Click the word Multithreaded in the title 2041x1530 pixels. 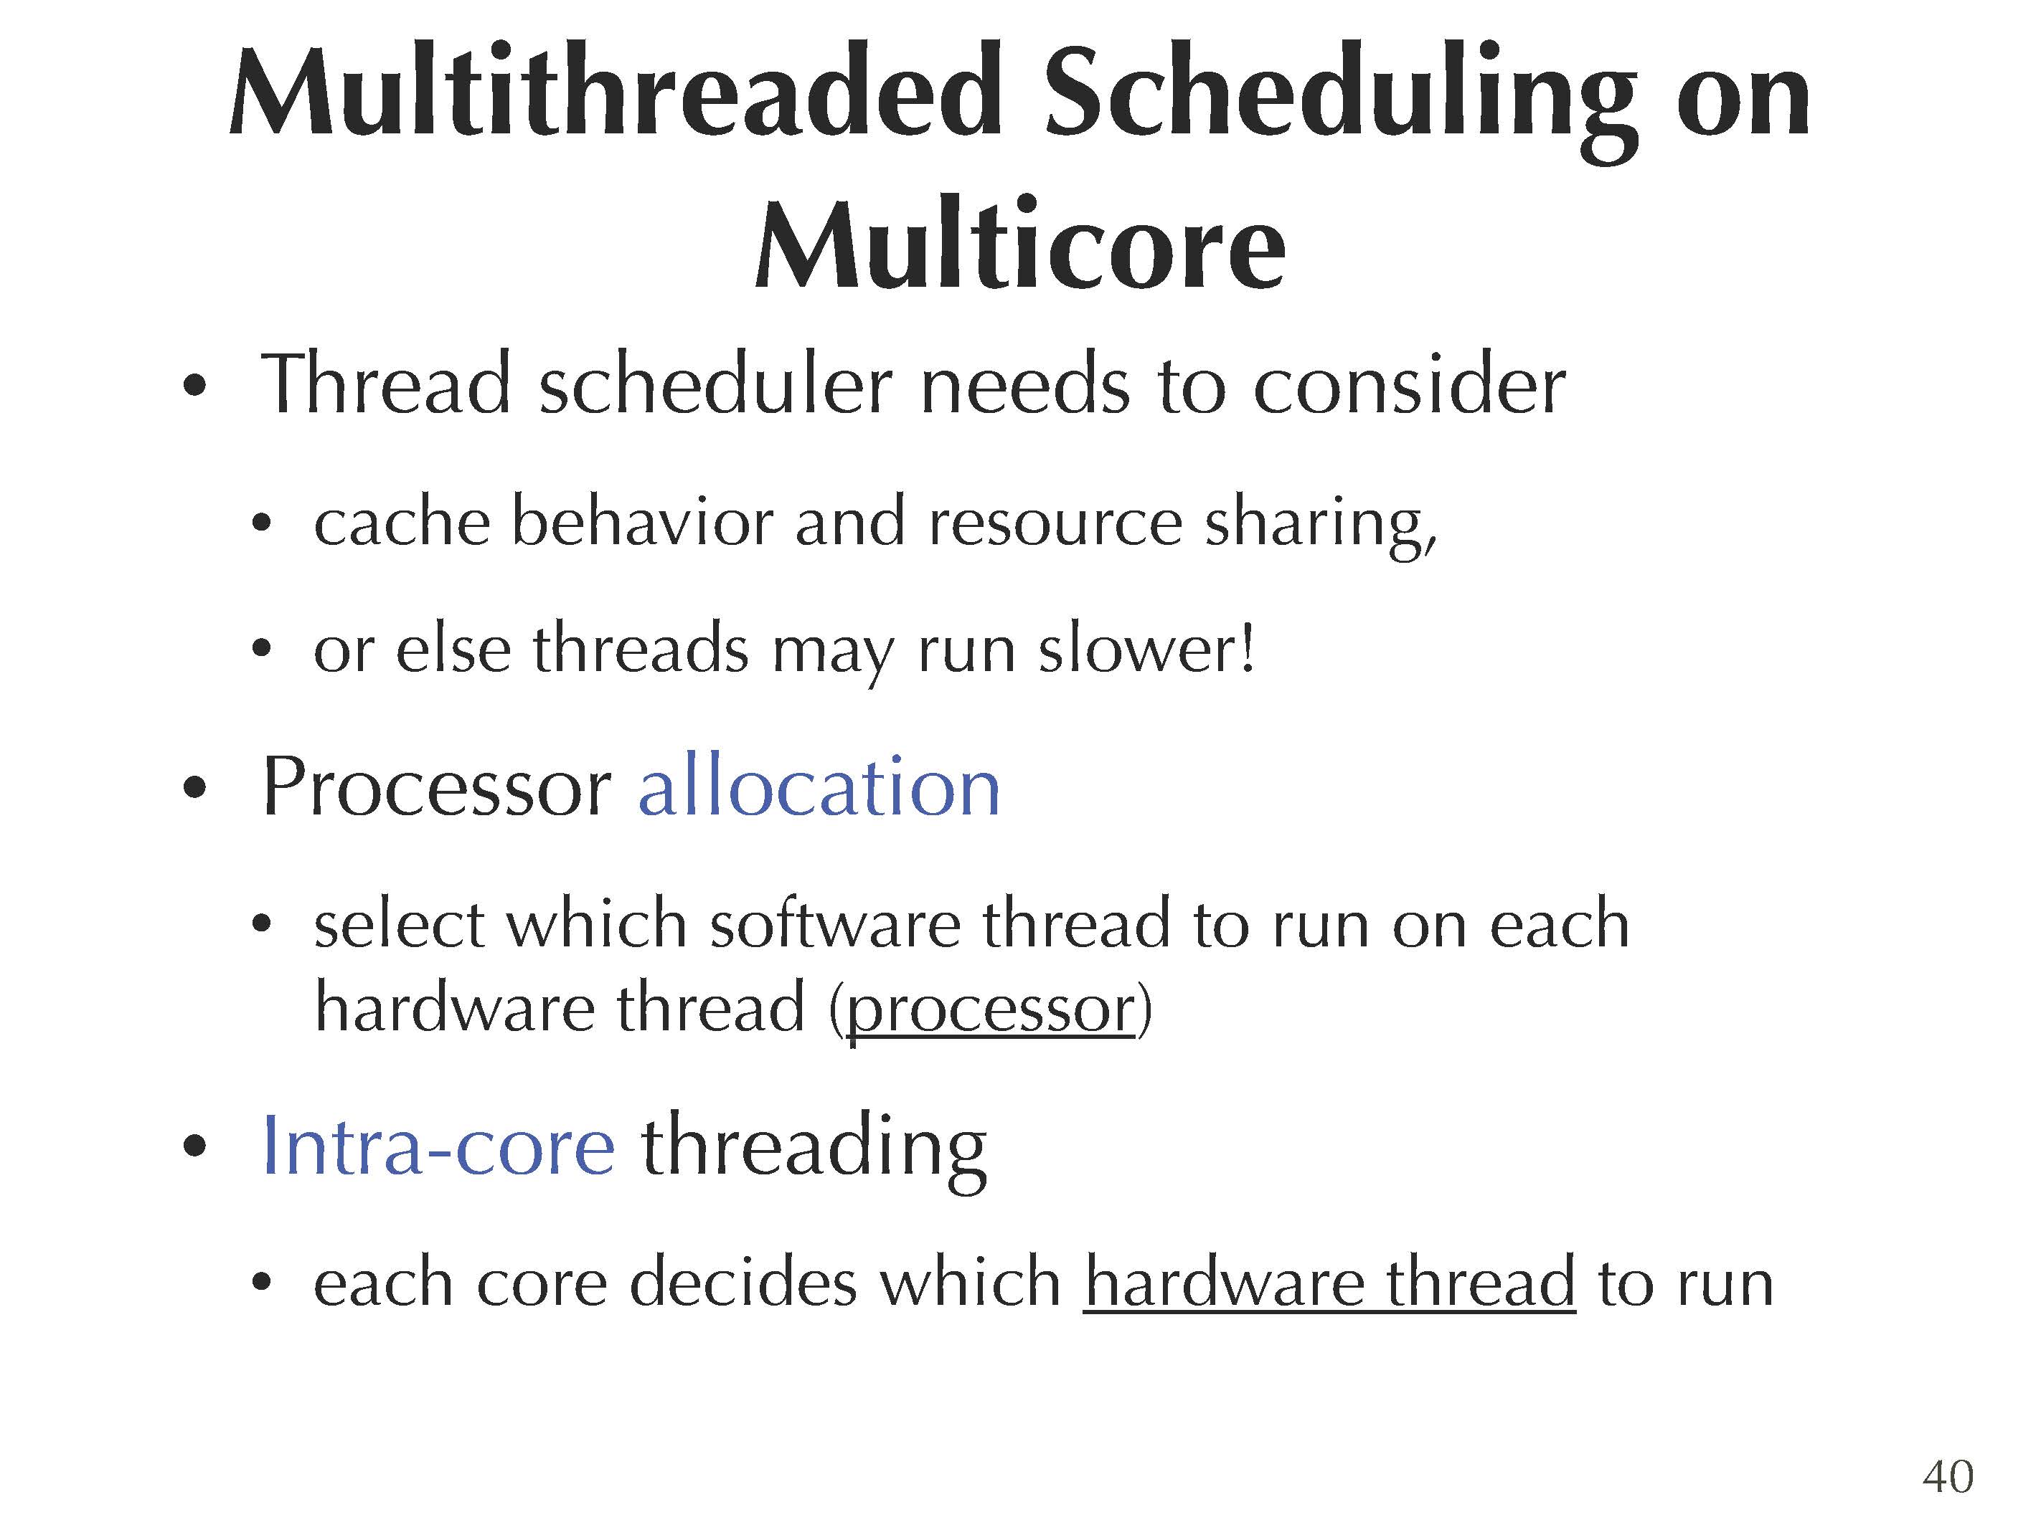click(x=616, y=92)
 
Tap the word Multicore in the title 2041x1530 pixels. click(x=1020, y=244)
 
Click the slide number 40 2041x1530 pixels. click(x=1948, y=1476)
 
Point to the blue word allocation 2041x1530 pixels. click(x=819, y=786)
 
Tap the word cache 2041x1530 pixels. click(x=401, y=523)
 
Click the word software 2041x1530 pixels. click(x=835, y=923)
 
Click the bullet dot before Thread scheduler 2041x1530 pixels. click(x=194, y=387)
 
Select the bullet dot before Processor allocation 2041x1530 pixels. click(x=194, y=789)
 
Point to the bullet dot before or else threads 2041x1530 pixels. click(x=261, y=650)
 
